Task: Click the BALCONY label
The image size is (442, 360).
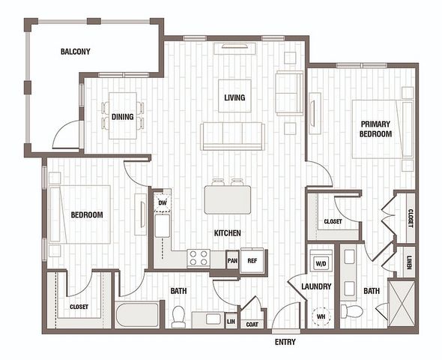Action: point(75,52)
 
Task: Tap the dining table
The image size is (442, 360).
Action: point(123,115)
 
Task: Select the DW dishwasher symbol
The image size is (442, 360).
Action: point(163,202)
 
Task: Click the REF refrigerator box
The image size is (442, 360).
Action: point(252,261)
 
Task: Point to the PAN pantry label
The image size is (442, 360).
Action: point(232,261)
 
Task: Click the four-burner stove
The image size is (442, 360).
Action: point(199,258)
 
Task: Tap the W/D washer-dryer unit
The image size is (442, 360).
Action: point(321,263)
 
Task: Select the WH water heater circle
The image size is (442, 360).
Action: point(321,316)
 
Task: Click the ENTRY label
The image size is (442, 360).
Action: point(285,342)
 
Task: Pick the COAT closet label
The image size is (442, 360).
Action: point(252,325)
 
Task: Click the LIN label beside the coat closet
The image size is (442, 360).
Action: point(231,321)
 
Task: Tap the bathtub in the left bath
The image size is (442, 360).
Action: point(137,315)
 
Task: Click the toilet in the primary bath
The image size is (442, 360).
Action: point(352,311)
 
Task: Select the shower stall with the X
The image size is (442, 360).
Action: point(402,303)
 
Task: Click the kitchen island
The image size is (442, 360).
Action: point(228,199)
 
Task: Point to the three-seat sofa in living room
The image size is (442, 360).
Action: point(232,136)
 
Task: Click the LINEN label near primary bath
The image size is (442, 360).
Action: point(409,262)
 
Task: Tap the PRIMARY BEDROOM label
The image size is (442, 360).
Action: point(376,129)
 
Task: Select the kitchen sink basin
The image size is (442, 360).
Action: point(163,226)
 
